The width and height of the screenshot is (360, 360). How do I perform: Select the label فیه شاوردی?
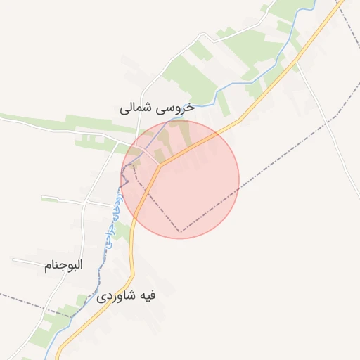[127, 296]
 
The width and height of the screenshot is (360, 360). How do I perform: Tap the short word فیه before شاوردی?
[147, 296]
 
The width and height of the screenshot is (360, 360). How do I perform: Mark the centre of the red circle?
[180, 179]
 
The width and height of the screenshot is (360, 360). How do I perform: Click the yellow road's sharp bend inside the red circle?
[160, 166]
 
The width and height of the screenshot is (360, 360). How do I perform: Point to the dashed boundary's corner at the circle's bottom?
[180, 231]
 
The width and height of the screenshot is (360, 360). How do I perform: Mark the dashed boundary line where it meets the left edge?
[2, 294]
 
